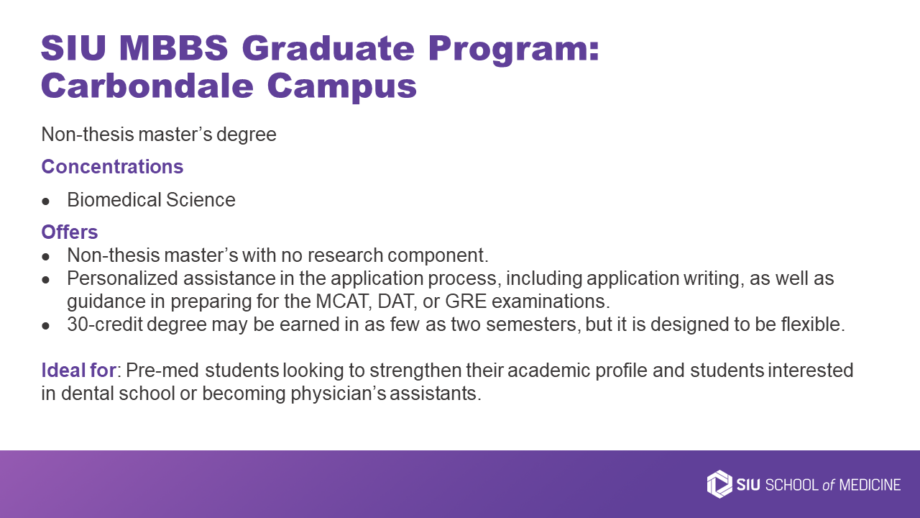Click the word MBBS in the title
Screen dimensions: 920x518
[x=174, y=48]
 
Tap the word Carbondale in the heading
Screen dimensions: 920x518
[x=147, y=86]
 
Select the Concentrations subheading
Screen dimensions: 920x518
[x=112, y=166]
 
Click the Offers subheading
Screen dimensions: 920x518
[x=70, y=232]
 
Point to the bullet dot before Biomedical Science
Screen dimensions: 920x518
[x=45, y=201]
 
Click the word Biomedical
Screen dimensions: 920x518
[x=114, y=200]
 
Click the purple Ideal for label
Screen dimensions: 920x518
[x=78, y=370]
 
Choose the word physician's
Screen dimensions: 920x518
[x=339, y=394]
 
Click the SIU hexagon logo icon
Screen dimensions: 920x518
[x=719, y=484]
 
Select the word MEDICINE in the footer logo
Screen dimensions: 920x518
[x=870, y=485]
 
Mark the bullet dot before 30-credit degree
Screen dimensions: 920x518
[x=45, y=326]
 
